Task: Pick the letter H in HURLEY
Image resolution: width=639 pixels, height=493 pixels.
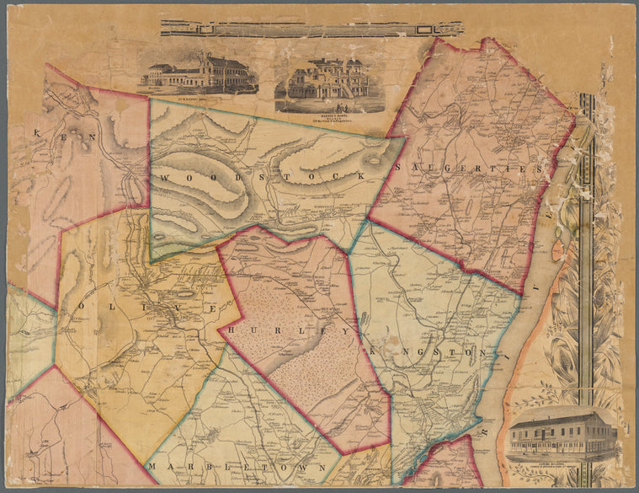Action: point(232,329)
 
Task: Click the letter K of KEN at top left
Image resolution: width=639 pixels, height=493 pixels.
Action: point(37,134)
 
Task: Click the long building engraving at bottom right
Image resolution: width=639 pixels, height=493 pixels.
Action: point(562,433)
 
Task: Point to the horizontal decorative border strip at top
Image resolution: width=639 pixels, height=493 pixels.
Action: point(312,29)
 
